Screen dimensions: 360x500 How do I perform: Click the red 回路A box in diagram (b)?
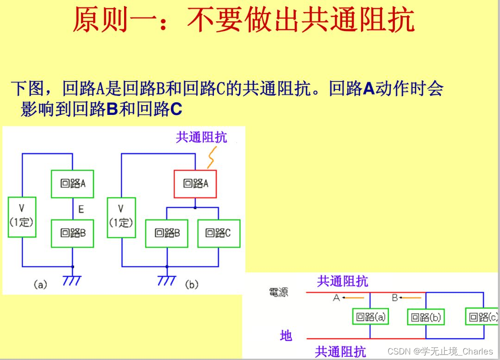[x=195, y=184]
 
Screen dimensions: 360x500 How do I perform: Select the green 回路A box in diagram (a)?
[x=72, y=183]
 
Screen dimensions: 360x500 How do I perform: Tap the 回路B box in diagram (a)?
[x=72, y=233]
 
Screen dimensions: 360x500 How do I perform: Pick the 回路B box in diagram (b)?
[x=167, y=233]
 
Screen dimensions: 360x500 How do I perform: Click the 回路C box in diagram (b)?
[x=219, y=233]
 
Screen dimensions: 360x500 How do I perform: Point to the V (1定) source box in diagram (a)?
[x=22, y=216]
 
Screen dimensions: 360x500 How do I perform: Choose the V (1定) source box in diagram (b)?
[x=121, y=216]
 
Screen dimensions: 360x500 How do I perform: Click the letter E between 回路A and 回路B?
[x=81, y=210]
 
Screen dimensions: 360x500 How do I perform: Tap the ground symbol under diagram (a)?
[x=72, y=280]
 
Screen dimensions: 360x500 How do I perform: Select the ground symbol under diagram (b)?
[x=167, y=280]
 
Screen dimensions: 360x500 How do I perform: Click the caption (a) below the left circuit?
[x=40, y=285]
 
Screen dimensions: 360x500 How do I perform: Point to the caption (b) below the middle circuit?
[x=191, y=284]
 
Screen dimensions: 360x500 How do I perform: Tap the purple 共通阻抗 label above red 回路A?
[x=201, y=138]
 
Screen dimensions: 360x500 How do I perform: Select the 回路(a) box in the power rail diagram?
[x=370, y=317]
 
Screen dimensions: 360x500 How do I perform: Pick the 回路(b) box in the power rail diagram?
[x=426, y=317]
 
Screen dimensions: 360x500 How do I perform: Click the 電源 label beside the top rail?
[x=278, y=293]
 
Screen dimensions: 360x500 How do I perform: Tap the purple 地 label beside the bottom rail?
[x=286, y=335]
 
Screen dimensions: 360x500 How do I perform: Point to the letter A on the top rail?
[x=337, y=298]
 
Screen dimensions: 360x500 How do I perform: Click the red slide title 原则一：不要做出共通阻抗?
[x=244, y=20]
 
